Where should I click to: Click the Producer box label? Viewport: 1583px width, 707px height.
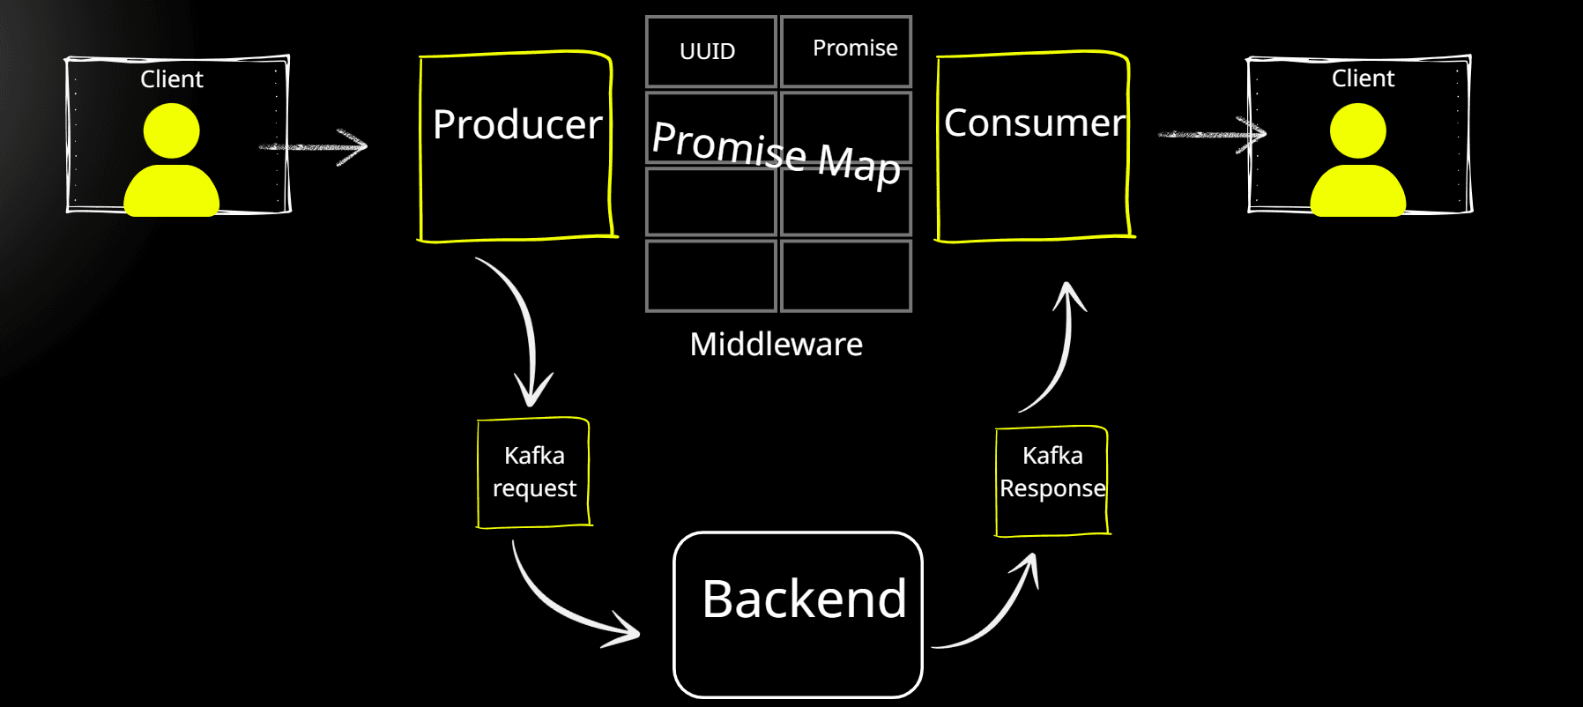pos(517,124)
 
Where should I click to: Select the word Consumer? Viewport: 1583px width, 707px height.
pos(1035,123)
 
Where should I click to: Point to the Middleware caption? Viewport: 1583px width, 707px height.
pos(776,344)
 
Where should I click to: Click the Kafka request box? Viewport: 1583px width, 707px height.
pos(534,473)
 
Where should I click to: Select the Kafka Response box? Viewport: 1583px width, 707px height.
pos(1052,481)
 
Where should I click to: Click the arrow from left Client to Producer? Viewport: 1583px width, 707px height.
pos(317,146)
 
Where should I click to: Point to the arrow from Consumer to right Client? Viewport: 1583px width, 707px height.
pos(1213,134)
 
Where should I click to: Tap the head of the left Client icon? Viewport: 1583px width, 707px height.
pos(171,130)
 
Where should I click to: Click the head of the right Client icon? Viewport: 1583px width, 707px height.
pos(1357,130)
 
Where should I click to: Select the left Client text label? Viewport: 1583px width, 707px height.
pos(172,79)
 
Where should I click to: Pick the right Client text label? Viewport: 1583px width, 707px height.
pos(1363,78)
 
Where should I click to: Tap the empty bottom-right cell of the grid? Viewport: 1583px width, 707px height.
pos(846,276)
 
